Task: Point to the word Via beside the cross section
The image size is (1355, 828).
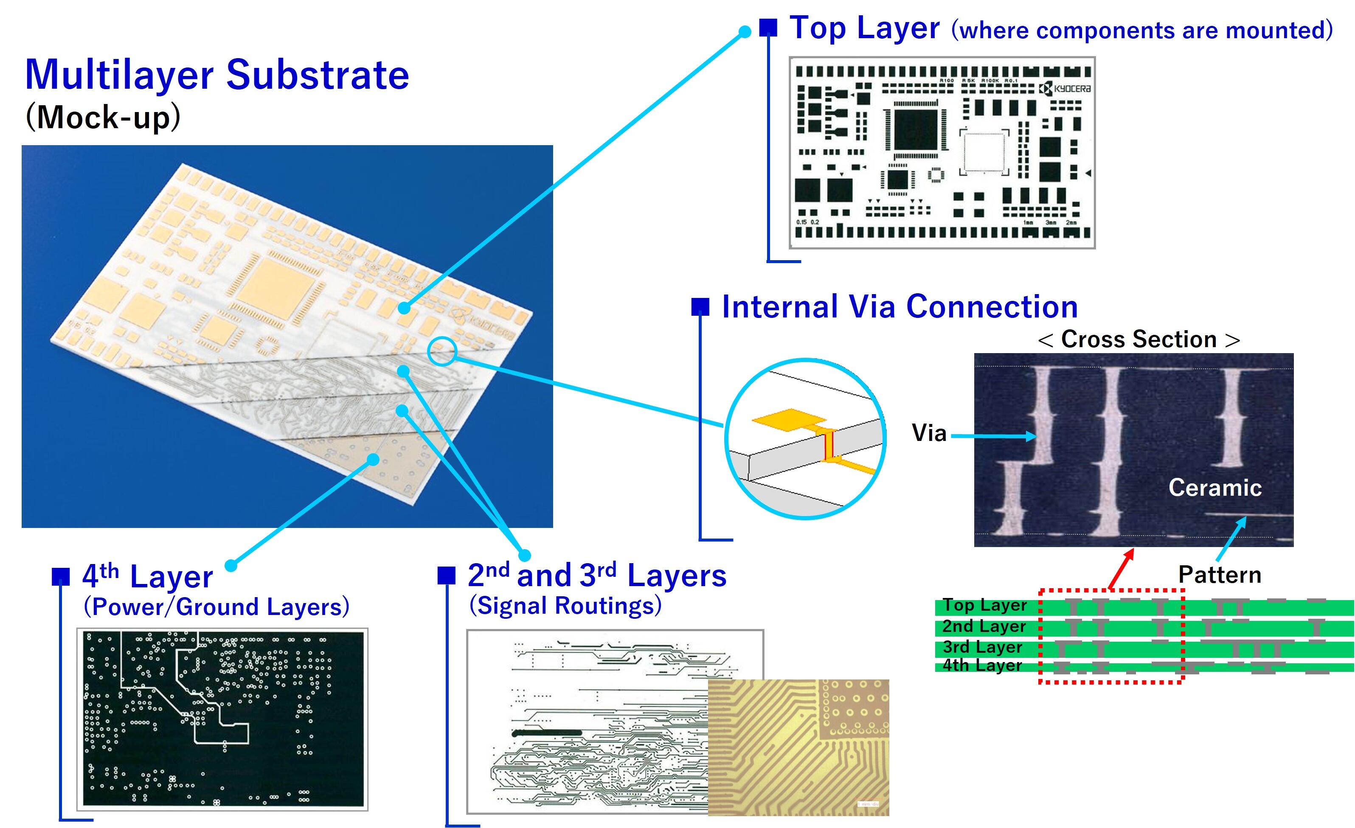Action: (x=929, y=433)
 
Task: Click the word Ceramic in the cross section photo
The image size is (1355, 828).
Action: (x=1215, y=488)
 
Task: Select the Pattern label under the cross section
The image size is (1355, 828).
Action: (x=1219, y=575)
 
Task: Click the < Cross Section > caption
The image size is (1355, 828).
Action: (x=1139, y=339)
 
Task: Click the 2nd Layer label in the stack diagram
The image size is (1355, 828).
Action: (x=984, y=626)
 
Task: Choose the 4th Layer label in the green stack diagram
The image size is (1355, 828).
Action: (x=982, y=665)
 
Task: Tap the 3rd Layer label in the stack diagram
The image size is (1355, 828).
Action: (x=982, y=647)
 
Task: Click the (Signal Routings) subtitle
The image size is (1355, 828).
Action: (x=565, y=605)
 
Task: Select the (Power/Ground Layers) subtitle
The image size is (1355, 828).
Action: (x=216, y=606)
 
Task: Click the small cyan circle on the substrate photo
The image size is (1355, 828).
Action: (x=442, y=352)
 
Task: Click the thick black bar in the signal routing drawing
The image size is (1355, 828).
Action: (x=547, y=733)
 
